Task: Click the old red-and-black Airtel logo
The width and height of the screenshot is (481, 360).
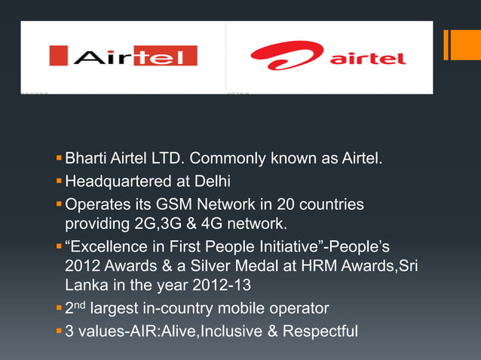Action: (123, 56)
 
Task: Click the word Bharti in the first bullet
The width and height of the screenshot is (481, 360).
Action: (85, 160)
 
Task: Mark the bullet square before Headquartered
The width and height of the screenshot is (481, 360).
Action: (59, 182)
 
